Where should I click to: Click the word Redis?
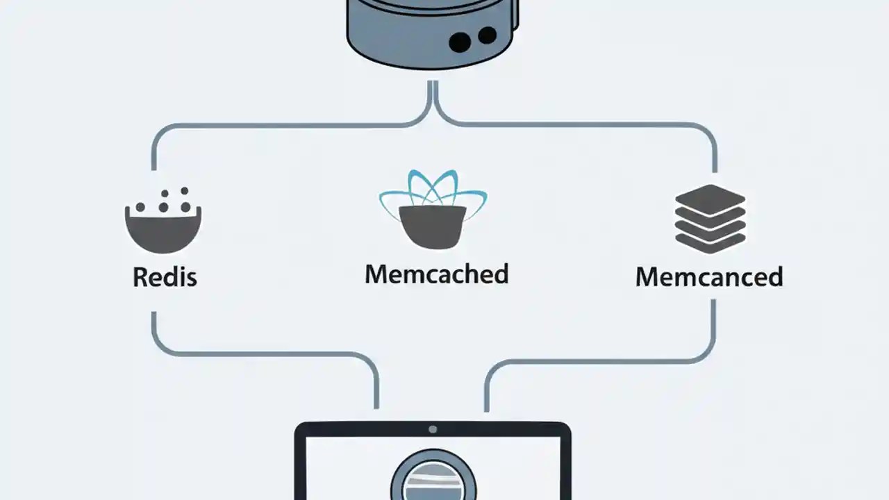(165, 277)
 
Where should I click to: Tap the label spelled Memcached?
(436, 274)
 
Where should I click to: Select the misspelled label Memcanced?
(709, 276)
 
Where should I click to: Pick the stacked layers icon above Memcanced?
(710, 218)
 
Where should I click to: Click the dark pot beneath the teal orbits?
(433, 226)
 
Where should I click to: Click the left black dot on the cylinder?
(460, 42)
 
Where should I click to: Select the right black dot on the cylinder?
(488, 35)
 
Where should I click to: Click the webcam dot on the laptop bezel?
(433, 429)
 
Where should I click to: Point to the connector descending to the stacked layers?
(715, 149)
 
